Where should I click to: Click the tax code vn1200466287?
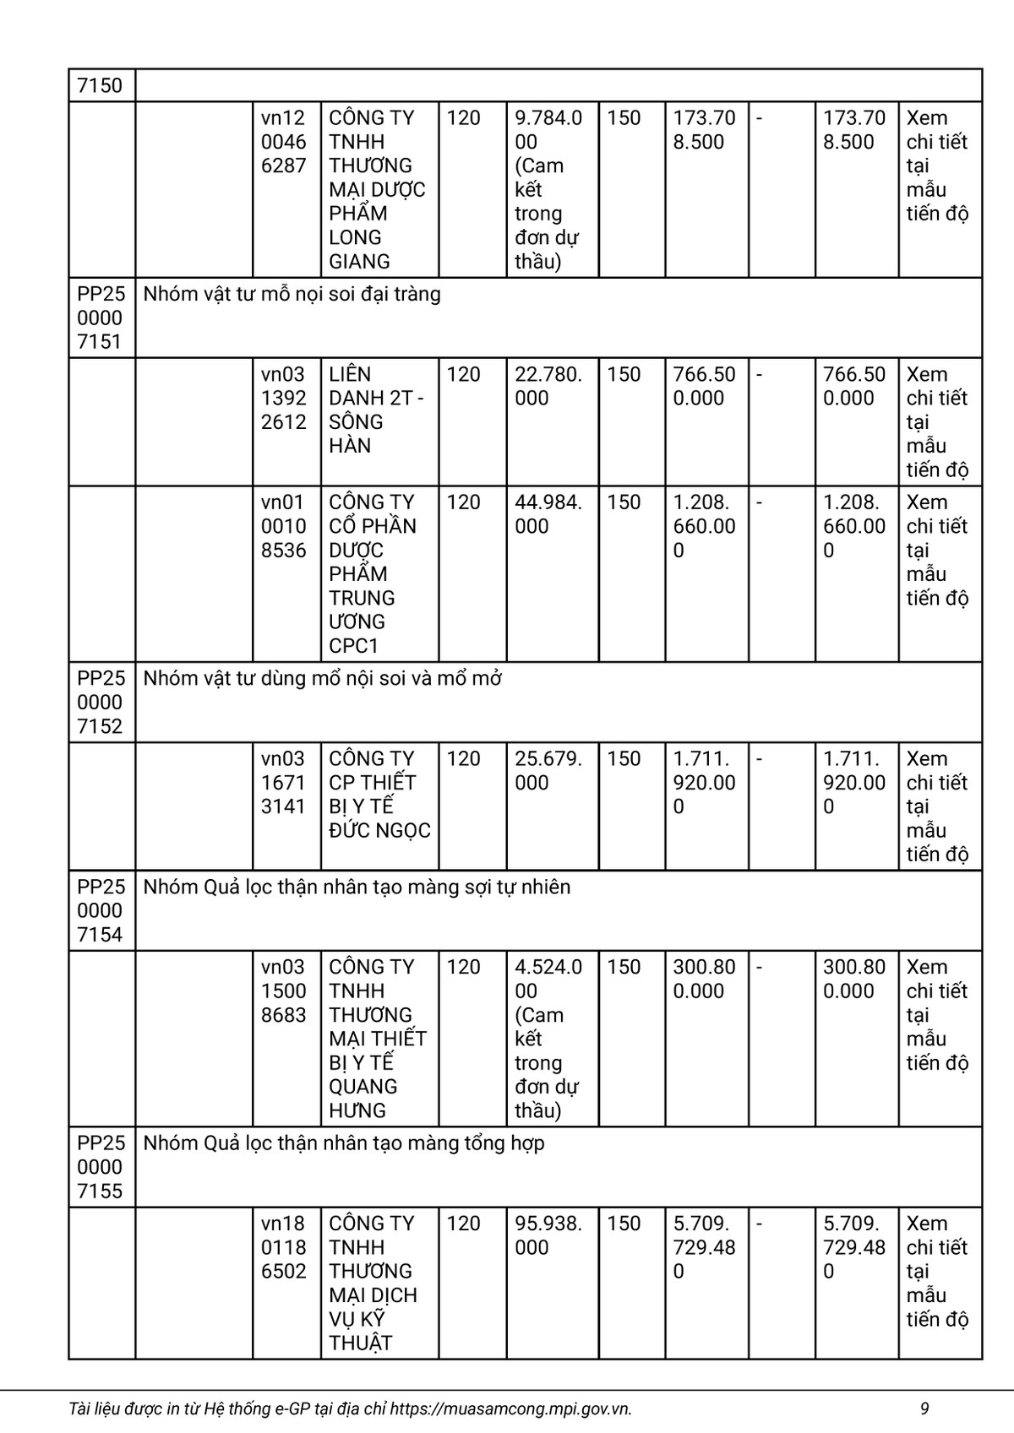(x=284, y=142)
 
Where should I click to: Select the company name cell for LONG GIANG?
(x=377, y=189)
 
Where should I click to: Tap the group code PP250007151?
(x=101, y=318)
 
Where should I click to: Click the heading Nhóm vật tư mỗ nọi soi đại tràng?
(x=292, y=294)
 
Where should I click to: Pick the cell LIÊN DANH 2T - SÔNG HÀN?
(x=377, y=410)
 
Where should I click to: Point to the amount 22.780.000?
(x=548, y=386)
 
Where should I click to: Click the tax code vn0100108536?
(x=284, y=526)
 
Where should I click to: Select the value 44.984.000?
(x=548, y=514)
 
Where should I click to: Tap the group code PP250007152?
(x=101, y=702)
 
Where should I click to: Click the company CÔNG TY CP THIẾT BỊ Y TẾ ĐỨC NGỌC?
(x=379, y=794)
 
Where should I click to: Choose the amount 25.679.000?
(x=548, y=770)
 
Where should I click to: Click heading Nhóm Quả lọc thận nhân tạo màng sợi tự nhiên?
(x=357, y=887)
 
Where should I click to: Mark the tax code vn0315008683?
(x=284, y=991)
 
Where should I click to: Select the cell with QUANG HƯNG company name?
(x=377, y=1038)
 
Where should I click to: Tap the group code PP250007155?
(x=101, y=1167)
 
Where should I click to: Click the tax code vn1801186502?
(x=284, y=1247)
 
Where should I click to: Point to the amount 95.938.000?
(x=548, y=1235)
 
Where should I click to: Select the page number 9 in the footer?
(x=924, y=1409)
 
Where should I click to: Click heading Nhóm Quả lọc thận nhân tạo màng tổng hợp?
(x=344, y=1143)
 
